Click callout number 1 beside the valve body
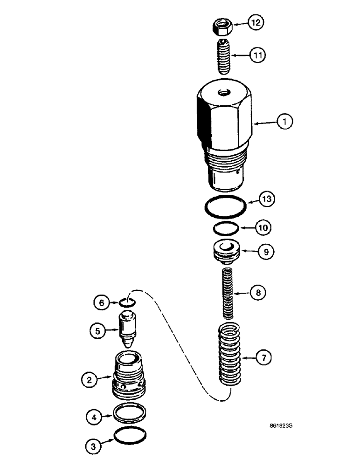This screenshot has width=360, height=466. click(284, 122)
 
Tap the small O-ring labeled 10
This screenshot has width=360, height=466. click(226, 228)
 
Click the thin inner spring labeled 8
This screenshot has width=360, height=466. click(227, 292)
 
